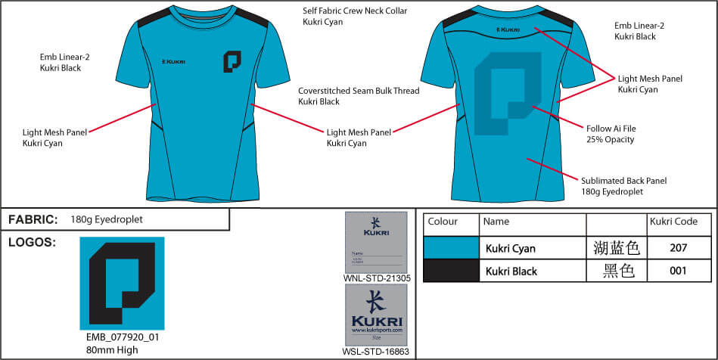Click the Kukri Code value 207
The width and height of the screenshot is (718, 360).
click(x=679, y=247)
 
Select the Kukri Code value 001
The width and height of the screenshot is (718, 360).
click(x=679, y=271)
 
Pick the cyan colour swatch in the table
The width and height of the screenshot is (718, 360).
click(x=451, y=247)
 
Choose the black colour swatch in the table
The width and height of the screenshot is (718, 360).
click(x=451, y=271)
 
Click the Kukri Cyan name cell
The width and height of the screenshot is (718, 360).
click(x=511, y=247)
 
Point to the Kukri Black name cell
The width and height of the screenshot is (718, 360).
click(x=511, y=271)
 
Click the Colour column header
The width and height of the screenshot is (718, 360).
click(x=443, y=222)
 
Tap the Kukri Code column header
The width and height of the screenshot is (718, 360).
click(x=673, y=222)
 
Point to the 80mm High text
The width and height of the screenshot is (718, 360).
click(x=112, y=349)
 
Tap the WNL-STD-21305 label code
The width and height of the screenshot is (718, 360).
click(x=376, y=278)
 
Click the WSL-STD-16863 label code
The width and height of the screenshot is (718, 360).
click(x=376, y=352)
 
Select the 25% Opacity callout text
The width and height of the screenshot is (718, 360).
click(x=610, y=139)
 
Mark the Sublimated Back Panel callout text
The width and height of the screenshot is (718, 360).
click(x=623, y=181)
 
